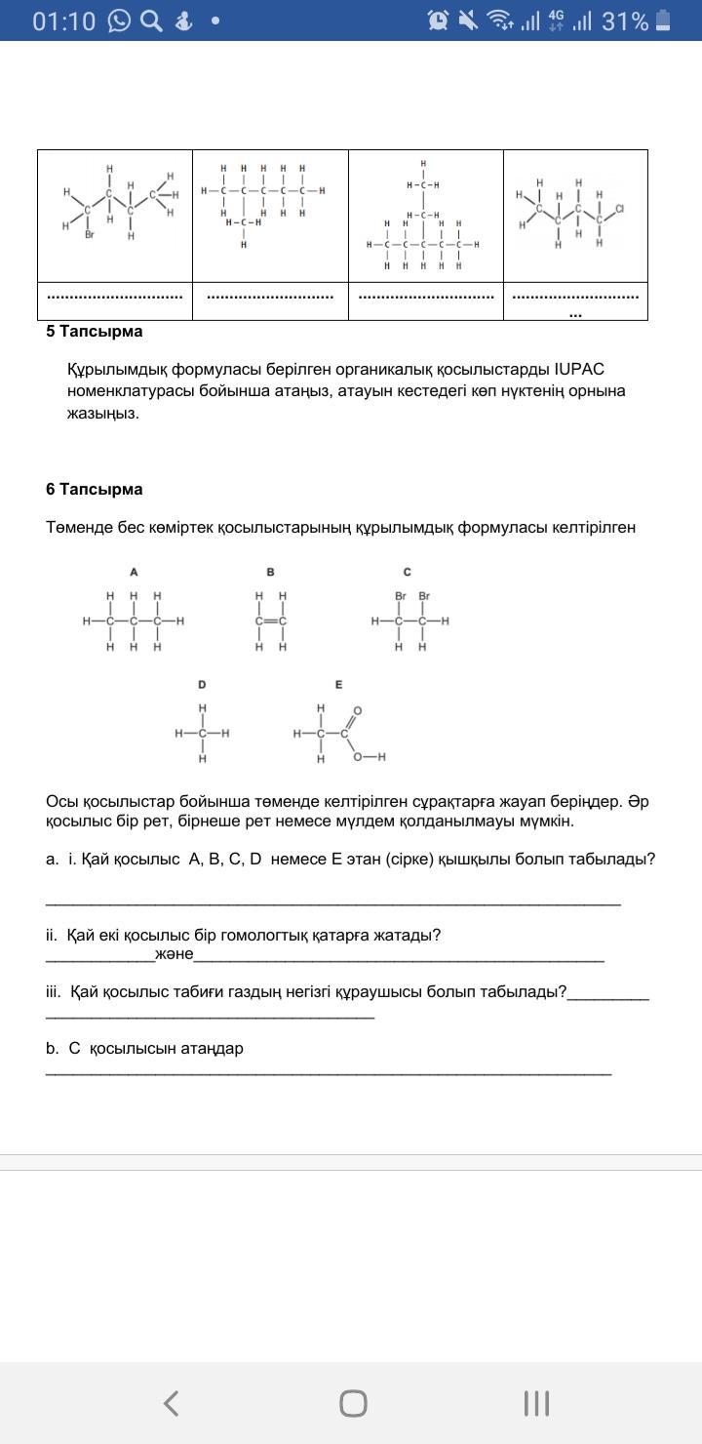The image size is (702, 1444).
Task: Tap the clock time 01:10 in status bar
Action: [x=63, y=20]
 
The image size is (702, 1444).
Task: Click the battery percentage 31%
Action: [x=624, y=20]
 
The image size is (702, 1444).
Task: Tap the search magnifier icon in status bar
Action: [x=151, y=20]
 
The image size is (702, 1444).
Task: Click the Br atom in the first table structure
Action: [x=89, y=235]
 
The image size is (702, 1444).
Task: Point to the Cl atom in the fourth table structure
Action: [x=619, y=209]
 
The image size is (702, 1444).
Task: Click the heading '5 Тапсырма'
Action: [x=94, y=332]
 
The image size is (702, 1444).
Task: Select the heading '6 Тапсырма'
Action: [x=94, y=490]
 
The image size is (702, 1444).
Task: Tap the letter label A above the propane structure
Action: [x=134, y=572]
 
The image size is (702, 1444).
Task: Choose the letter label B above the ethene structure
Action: [x=270, y=572]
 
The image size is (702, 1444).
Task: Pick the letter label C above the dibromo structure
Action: [x=407, y=572]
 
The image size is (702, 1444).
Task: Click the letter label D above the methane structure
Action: [x=202, y=685]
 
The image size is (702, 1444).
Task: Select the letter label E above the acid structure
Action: [x=338, y=685]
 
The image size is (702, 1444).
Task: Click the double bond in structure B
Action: [x=270, y=621]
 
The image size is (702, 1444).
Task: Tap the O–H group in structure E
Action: [x=370, y=756]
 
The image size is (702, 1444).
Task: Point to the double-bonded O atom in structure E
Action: [x=358, y=710]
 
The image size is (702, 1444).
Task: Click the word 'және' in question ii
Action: [x=174, y=954]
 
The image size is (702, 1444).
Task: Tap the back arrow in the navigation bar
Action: [x=171, y=1403]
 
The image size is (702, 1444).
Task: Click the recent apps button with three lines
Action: [x=536, y=1403]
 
